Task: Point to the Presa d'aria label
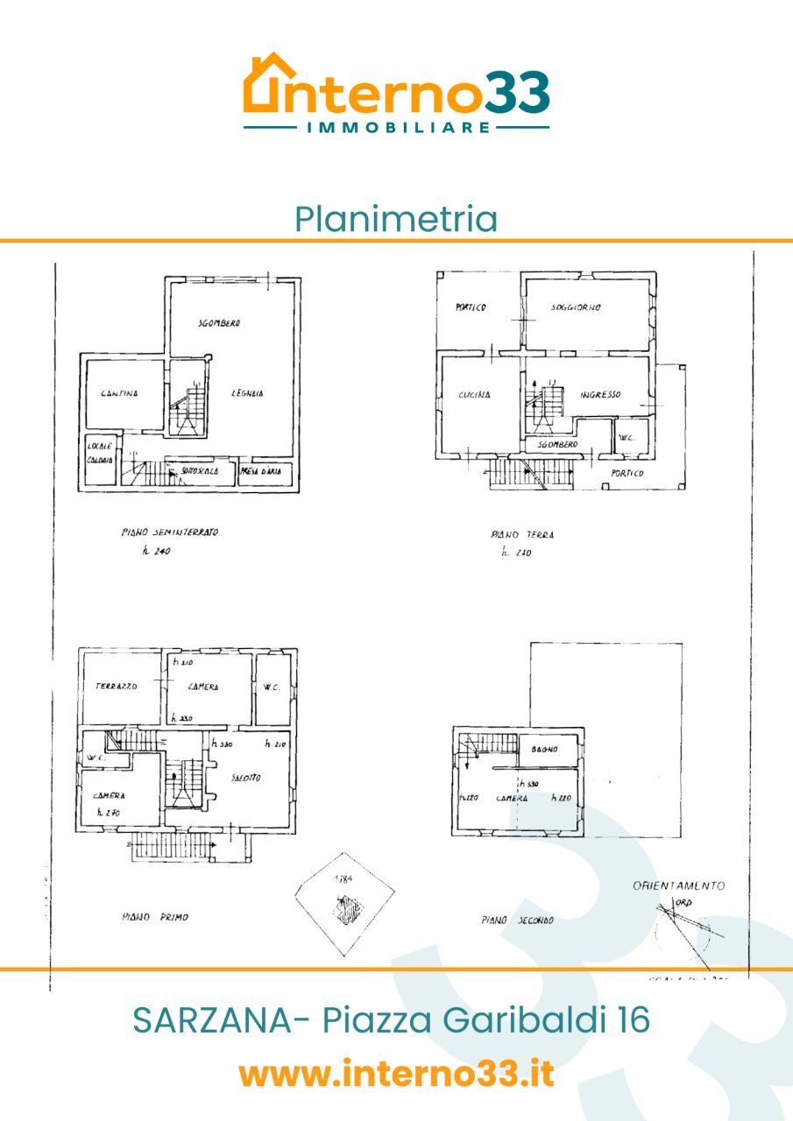pyautogui.click(x=260, y=473)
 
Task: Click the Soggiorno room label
pyautogui.click(x=576, y=307)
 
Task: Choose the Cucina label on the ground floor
pyautogui.click(x=473, y=394)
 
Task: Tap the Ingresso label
pyautogui.click(x=600, y=394)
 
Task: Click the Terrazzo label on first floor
pyautogui.click(x=117, y=687)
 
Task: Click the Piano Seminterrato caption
pyautogui.click(x=170, y=532)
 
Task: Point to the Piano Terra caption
pyautogui.click(x=523, y=534)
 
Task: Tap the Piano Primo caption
pyautogui.click(x=154, y=917)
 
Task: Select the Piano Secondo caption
pyautogui.click(x=517, y=920)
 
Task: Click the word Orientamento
pyautogui.click(x=679, y=885)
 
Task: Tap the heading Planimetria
pyautogui.click(x=396, y=218)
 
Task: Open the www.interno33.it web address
pyautogui.click(x=396, y=1073)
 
